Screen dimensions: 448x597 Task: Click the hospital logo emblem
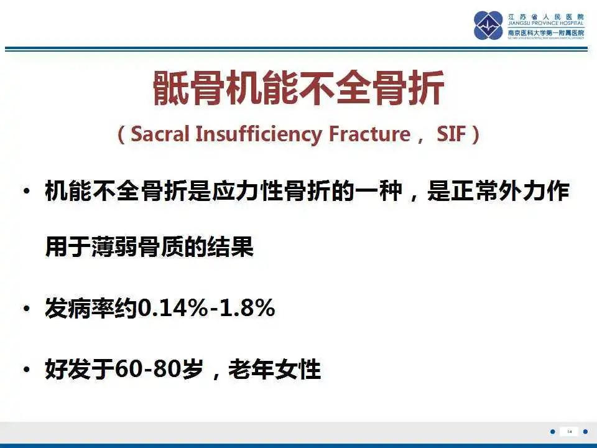pyautogui.click(x=488, y=26)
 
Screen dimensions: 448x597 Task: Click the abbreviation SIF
pyautogui.click(x=448, y=134)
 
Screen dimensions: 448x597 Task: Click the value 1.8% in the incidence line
pyautogui.click(x=246, y=309)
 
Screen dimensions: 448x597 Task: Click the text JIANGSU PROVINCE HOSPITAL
pyautogui.click(x=545, y=24)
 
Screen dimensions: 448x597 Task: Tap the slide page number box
pyautogui.click(x=569, y=431)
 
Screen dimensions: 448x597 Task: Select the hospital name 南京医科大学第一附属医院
pyautogui.click(x=545, y=32)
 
